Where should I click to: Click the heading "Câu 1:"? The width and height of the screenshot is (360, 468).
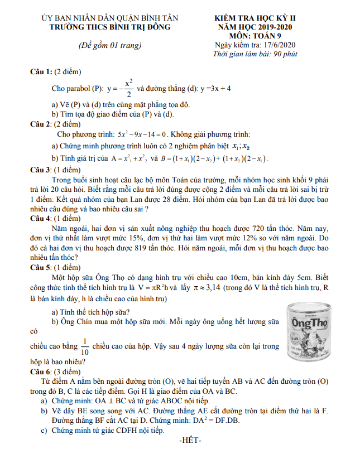coord(42,72)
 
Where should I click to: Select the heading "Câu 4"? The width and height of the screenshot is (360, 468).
coord(42,218)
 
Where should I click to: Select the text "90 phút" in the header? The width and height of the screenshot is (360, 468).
coord(284,54)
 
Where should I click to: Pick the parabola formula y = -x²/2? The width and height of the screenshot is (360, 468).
coord(120,88)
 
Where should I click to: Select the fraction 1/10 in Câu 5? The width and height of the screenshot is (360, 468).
coord(85,346)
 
